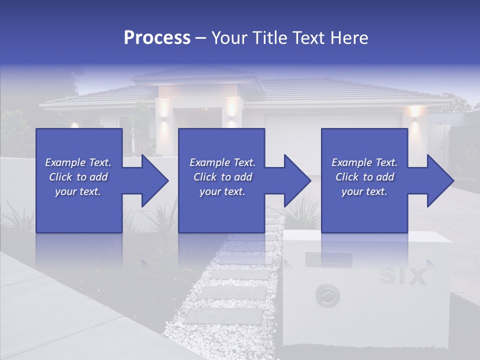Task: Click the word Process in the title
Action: click(157, 38)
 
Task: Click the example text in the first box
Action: click(78, 177)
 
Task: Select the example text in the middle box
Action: click(222, 177)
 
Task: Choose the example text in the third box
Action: click(364, 177)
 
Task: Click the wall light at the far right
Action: click(414, 113)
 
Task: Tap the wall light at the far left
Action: click(74, 125)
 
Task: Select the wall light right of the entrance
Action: click(231, 107)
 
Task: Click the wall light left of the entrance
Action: click(162, 107)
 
